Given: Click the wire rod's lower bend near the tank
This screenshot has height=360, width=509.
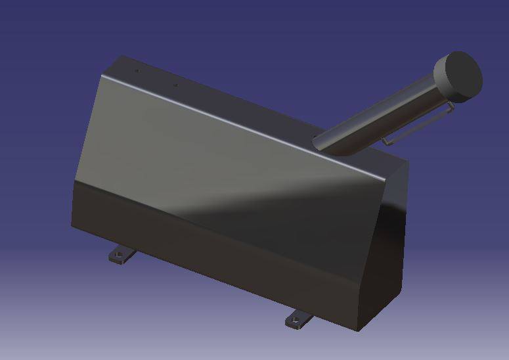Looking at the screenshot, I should (x=387, y=141).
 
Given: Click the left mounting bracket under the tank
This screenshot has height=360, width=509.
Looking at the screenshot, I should (x=120, y=255).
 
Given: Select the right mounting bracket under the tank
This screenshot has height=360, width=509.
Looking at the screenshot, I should (x=299, y=319).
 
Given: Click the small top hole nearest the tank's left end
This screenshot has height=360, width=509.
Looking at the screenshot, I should (x=137, y=71).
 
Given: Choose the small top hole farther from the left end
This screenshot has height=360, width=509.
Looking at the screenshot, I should (x=175, y=85).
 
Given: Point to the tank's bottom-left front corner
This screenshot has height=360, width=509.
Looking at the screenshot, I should (x=72, y=227).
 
